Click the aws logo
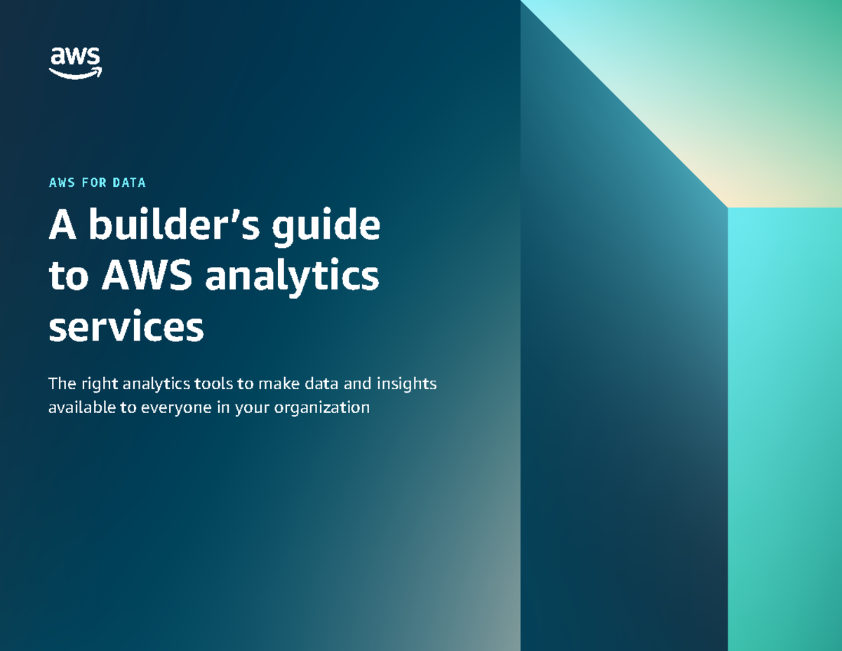click(x=76, y=62)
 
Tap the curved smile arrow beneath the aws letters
click(x=76, y=73)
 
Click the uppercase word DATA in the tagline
click(x=129, y=183)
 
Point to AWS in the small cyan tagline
click(x=62, y=183)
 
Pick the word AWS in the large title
click(x=147, y=277)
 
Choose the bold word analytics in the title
click(x=292, y=278)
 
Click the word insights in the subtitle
click(x=407, y=385)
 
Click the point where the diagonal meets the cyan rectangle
click(x=728, y=208)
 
